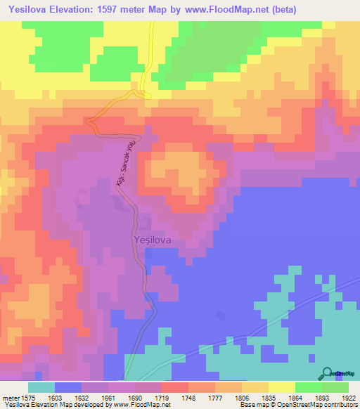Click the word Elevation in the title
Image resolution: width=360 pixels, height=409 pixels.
point(82,10)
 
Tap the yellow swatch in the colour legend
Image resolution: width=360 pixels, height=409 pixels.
point(282,387)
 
